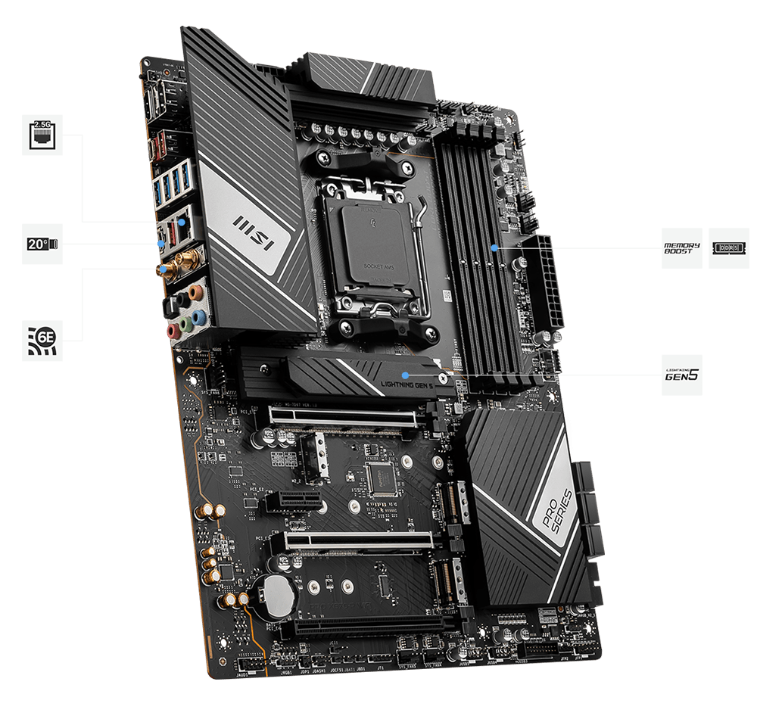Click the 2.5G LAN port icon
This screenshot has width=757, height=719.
pos(41,135)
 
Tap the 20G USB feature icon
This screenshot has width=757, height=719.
pos(41,244)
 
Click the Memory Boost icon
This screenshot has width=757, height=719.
pos(681,247)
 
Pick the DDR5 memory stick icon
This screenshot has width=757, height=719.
pos(729,247)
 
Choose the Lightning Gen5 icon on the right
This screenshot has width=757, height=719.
pos(681,375)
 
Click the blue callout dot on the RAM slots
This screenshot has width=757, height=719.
pos(494,247)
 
